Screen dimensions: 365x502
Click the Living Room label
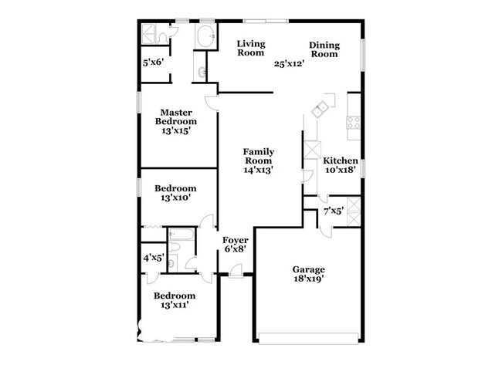pos(250,48)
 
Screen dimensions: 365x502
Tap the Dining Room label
pos(324,49)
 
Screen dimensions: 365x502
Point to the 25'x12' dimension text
pos(290,64)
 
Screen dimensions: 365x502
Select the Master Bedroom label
pos(175,117)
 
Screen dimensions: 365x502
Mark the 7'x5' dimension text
pos(333,210)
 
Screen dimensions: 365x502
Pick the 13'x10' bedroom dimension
pos(175,198)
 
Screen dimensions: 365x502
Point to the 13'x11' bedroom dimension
pos(175,306)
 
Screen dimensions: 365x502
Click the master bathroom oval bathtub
pos(205,35)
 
